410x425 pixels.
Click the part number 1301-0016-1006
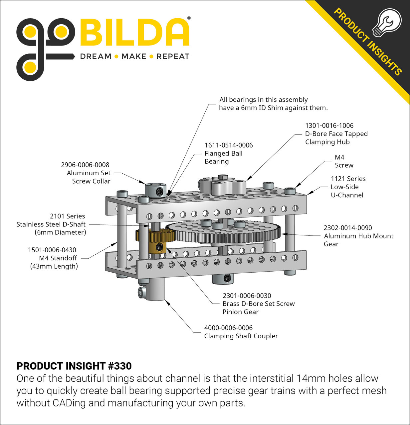(x=329, y=126)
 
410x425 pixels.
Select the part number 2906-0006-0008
(x=85, y=165)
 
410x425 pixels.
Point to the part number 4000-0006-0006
(x=228, y=328)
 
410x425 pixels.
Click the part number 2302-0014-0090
(x=348, y=228)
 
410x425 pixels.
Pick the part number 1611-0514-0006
(x=229, y=145)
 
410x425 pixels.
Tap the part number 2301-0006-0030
(x=247, y=296)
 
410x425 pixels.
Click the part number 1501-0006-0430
(x=52, y=250)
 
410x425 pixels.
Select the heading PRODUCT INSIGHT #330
(x=74, y=366)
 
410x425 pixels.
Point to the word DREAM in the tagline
(x=96, y=56)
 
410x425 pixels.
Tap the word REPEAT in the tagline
(x=173, y=56)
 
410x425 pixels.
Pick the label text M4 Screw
(x=344, y=161)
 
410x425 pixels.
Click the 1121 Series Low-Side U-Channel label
(x=348, y=187)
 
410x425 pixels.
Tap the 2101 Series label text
(x=68, y=216)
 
